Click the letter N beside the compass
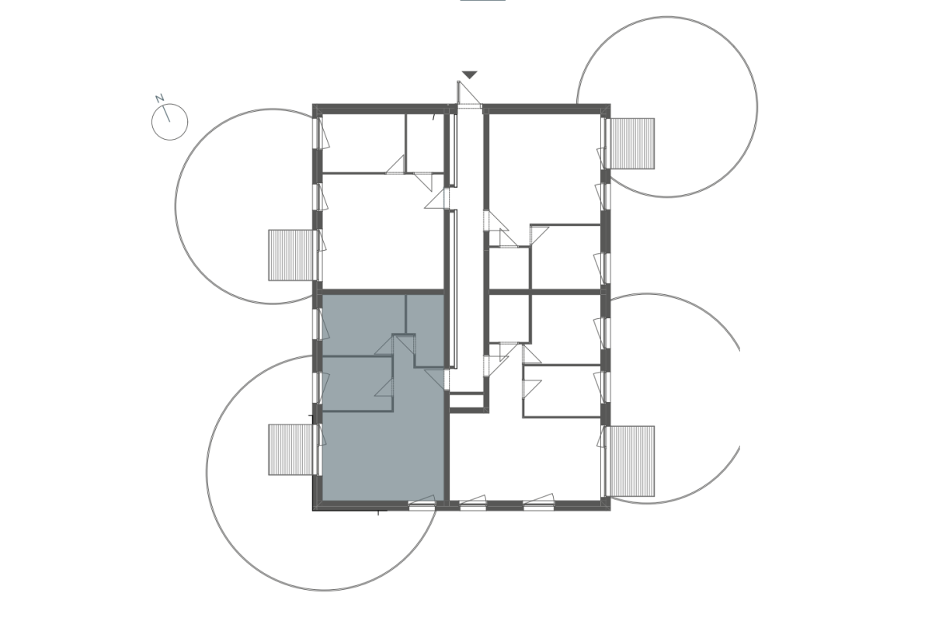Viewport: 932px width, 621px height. [159, 98]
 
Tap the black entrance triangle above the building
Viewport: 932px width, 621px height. [470, 75]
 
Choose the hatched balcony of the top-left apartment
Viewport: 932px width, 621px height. [290, 255]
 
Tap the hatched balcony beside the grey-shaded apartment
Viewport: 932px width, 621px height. [290, 449]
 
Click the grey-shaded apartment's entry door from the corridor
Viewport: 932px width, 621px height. [436, 380]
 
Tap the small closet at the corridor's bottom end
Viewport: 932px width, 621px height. [467, 401]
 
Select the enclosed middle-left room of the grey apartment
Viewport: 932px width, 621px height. [357, 383]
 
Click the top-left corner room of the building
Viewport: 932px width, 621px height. [364, 143]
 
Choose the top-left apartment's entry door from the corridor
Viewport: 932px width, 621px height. [436, 199]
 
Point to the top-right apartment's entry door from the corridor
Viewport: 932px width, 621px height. [496, 220]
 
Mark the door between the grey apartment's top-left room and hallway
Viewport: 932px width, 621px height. [384, 345]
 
